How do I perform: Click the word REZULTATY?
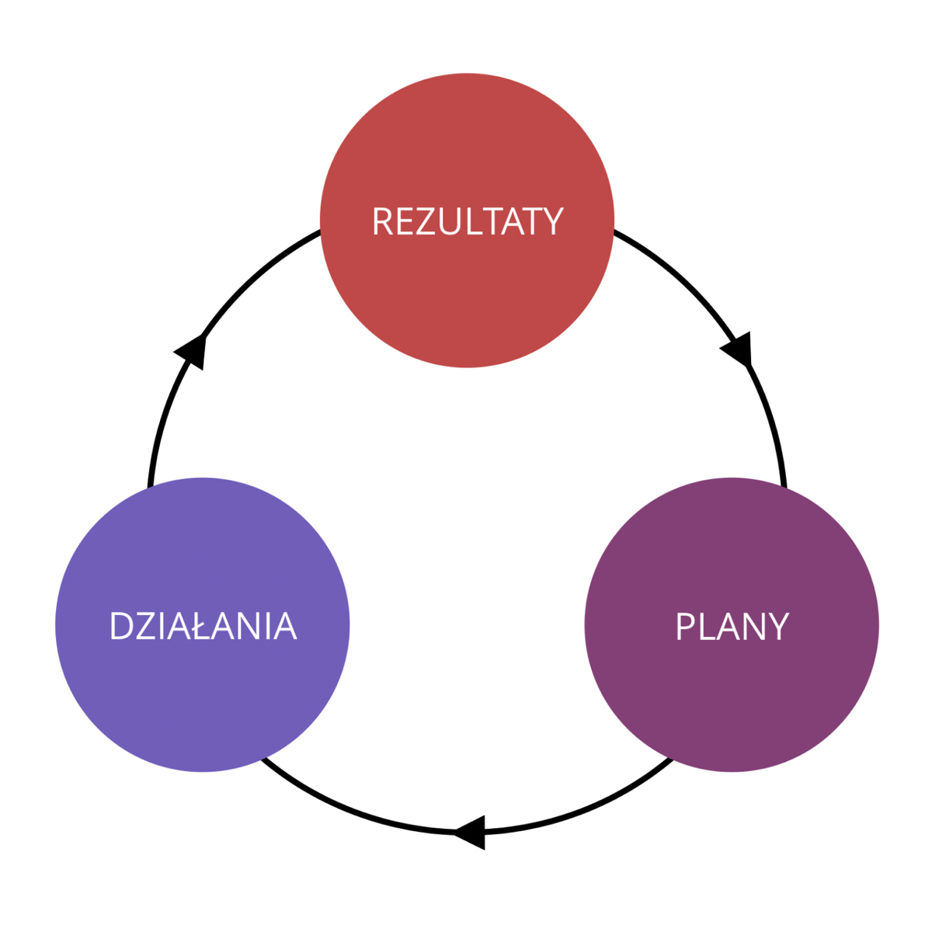click(467, 222)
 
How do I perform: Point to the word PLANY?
click(732, 627)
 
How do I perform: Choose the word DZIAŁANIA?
click(203, 627)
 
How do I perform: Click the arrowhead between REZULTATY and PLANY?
click(739, 349)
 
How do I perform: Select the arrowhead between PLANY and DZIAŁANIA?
click(471, 833)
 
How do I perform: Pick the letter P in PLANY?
click(685, 627)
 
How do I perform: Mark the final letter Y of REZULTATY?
click(551, 222)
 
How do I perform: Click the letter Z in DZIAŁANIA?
click(144, 627)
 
